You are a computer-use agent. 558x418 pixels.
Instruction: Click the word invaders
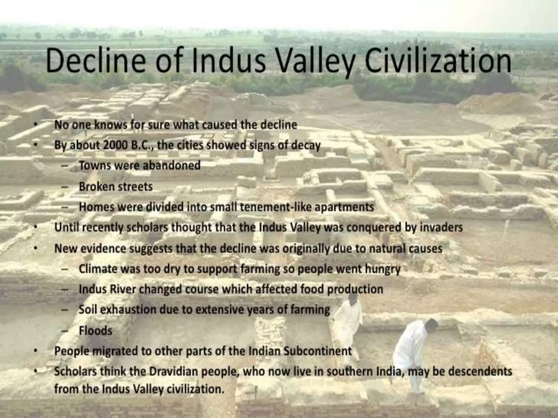tap(441, 227)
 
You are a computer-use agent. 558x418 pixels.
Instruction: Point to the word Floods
tap(95, 331)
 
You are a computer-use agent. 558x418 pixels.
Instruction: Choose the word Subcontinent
tap(318, 351)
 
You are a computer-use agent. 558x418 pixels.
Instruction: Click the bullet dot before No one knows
tap(35, 124)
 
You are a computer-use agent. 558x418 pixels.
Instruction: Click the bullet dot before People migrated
tap(35, 351)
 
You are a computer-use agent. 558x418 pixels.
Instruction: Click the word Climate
tap(98, 269)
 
